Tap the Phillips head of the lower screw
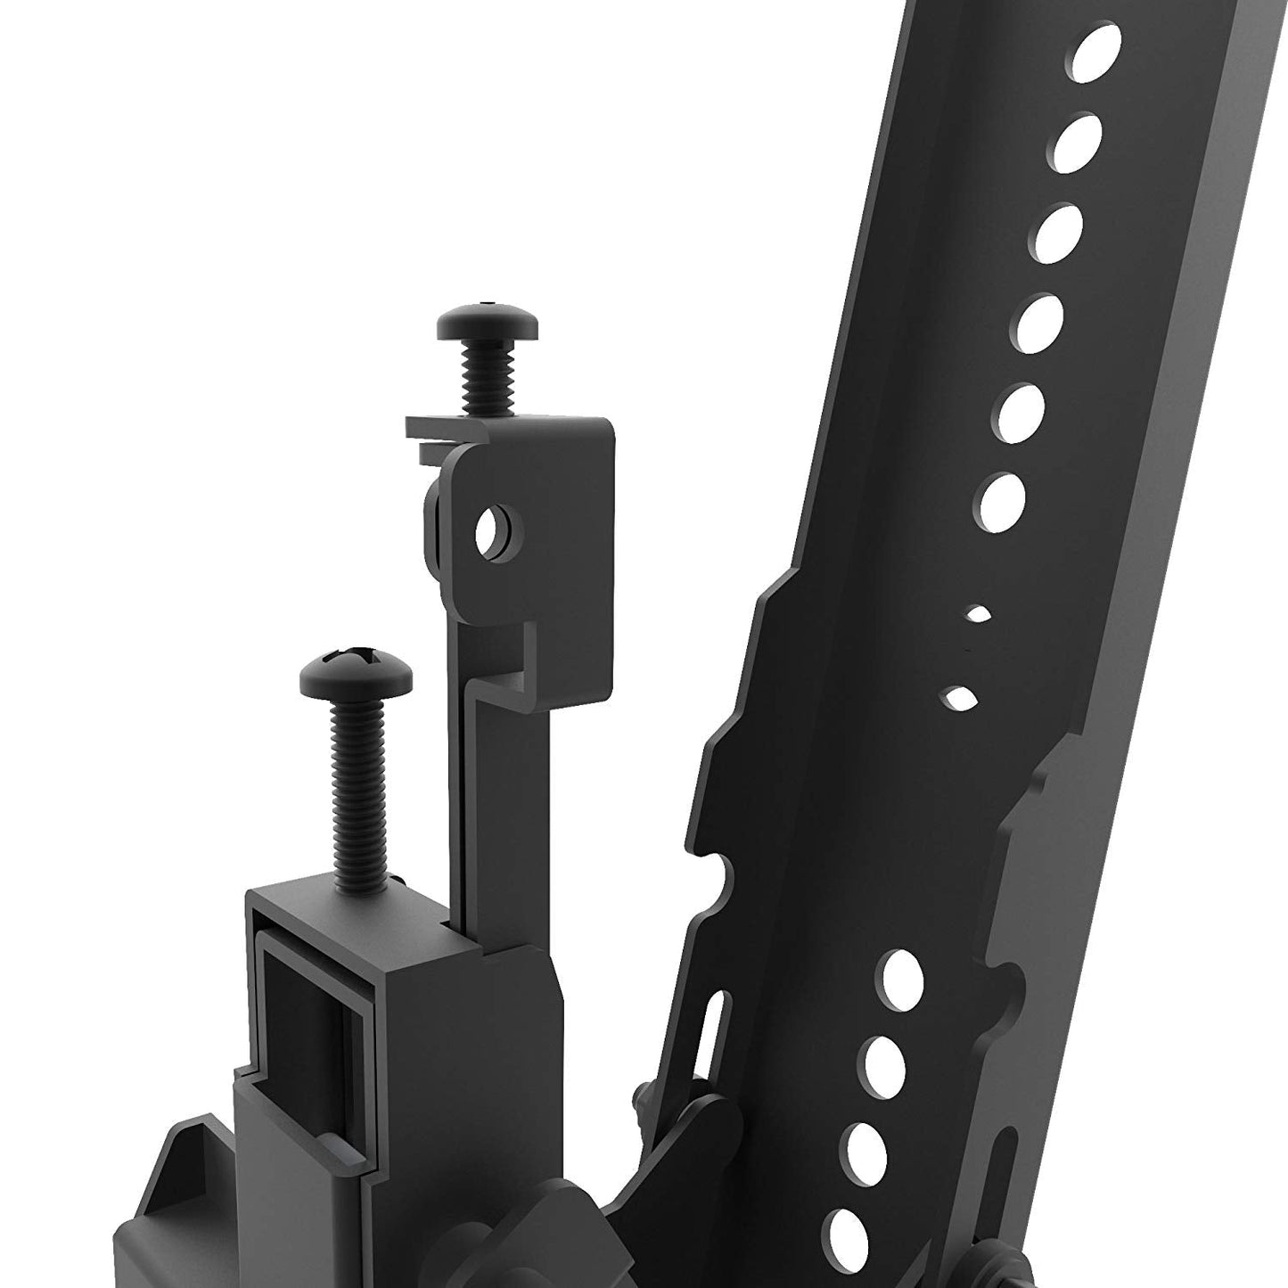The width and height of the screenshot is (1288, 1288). [357, 669]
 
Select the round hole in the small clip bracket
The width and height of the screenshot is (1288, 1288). [490, 532]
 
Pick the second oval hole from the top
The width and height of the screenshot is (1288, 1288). [1077, 142]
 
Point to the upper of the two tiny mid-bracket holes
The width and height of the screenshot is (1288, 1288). [978, 613]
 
